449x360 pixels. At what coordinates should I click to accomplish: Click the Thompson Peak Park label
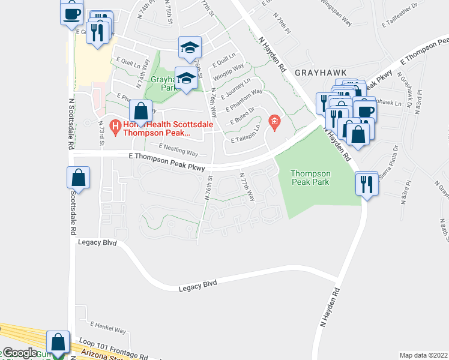tap(311, 177)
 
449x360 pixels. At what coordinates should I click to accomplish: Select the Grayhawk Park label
tap(165, 83)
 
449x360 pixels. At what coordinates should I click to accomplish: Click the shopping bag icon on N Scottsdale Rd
tap(78, 178)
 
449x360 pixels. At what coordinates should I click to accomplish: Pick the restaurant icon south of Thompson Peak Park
tap(366, 183)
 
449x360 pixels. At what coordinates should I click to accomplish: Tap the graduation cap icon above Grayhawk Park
tap(190, 47)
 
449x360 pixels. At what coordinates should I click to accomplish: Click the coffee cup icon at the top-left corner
tap(71, 12)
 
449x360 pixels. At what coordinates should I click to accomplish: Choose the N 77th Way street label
tap(247, 188)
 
